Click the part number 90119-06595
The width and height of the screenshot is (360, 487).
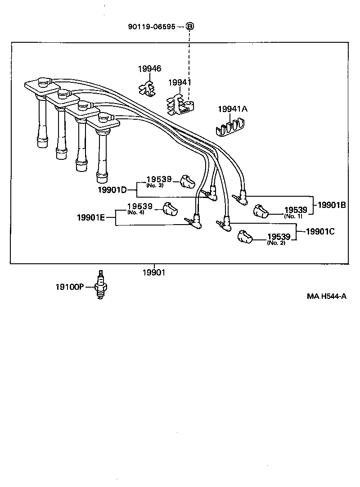pyautogui.click(x=152, y=27)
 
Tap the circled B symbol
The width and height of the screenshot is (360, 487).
pyautogui.click(x=189, y=27)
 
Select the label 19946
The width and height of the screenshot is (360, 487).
pyautogui.click(x=150, y=69)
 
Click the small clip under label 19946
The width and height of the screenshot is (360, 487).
pyautogui.click(x=147, y=88)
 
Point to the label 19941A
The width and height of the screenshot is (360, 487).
pyautogui.click(x=233, y=109)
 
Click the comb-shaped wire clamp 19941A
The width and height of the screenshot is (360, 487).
pyautogui.click(x=230, y=127)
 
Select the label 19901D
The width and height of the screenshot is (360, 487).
pyautogui.click(x=112, y=190)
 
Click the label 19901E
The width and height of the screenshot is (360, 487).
pyautogui.click(x=91, y=218)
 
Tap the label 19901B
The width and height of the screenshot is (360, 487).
pyautogui.click(x=332, y=205)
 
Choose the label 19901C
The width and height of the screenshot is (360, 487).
pyautogui.click(x=320, y=232)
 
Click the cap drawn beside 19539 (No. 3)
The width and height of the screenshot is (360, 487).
pyautogui.click(x=187, y=181)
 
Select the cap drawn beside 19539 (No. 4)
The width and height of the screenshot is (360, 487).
pyautogui.click(x=170, y=209)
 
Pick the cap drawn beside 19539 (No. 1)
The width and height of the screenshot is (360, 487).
pyautogui.click(x=261, y=211)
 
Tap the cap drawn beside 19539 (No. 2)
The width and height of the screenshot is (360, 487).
pyautogui.click(x=245, y=237)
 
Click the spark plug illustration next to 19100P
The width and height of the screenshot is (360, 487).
pyautogui.click(x=100, y=285)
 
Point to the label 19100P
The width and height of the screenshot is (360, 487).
pyautogui.click(x=70, y=287)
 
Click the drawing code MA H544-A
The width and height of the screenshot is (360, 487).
pyautogui.click(x=327, y=296)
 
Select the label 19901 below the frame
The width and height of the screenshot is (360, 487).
pyautogui.click(x=154, y=273)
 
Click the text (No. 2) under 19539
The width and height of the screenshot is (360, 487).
pyautogui.click(x=276, y=243)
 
